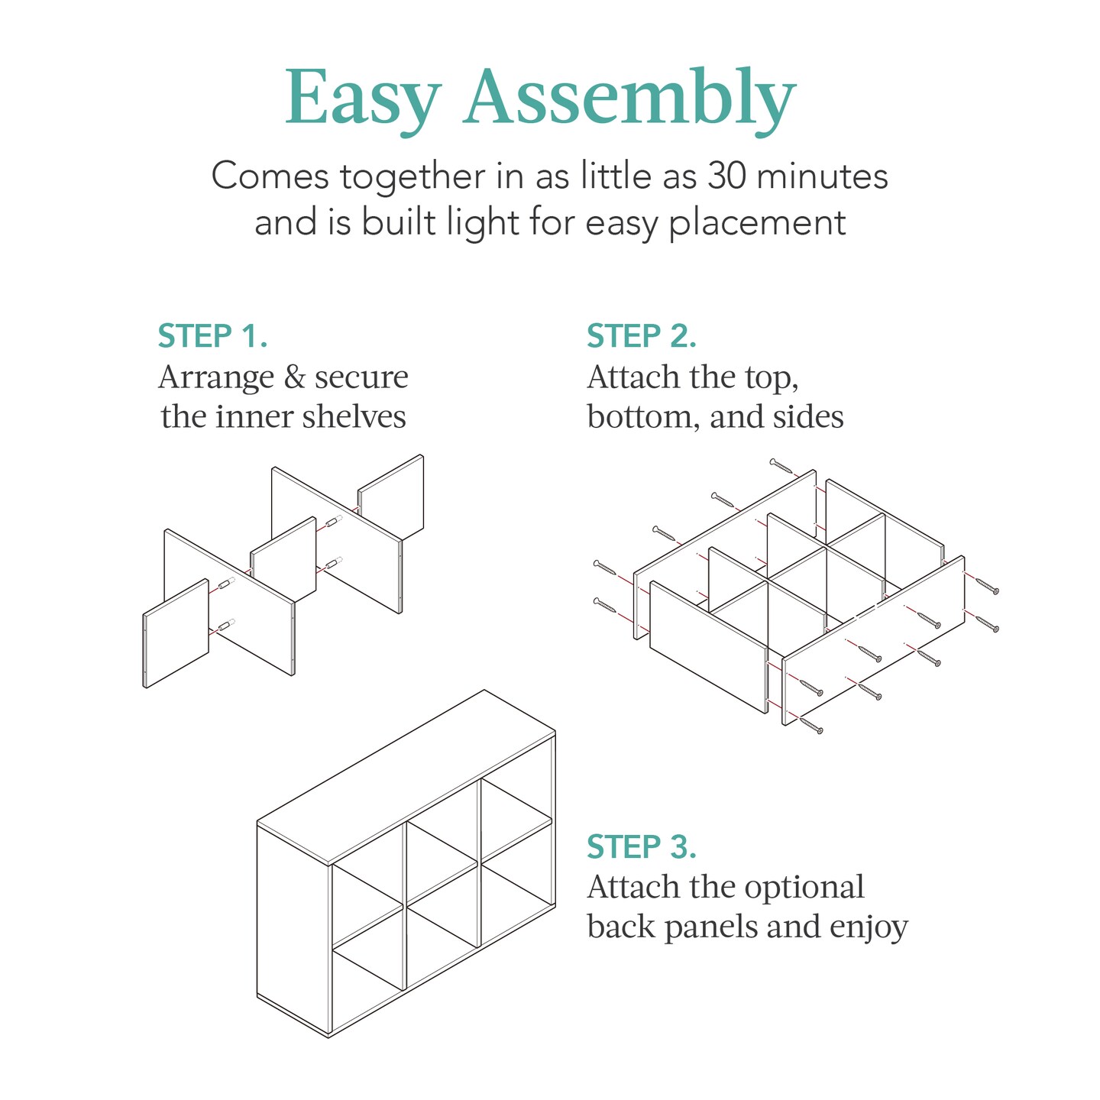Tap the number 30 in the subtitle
[725, 176]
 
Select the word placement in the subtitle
[757, 224]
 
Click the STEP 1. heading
[212, 336]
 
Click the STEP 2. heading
[642, 336]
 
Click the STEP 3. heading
[642, 847]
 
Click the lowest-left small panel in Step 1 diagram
[176, 634]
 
